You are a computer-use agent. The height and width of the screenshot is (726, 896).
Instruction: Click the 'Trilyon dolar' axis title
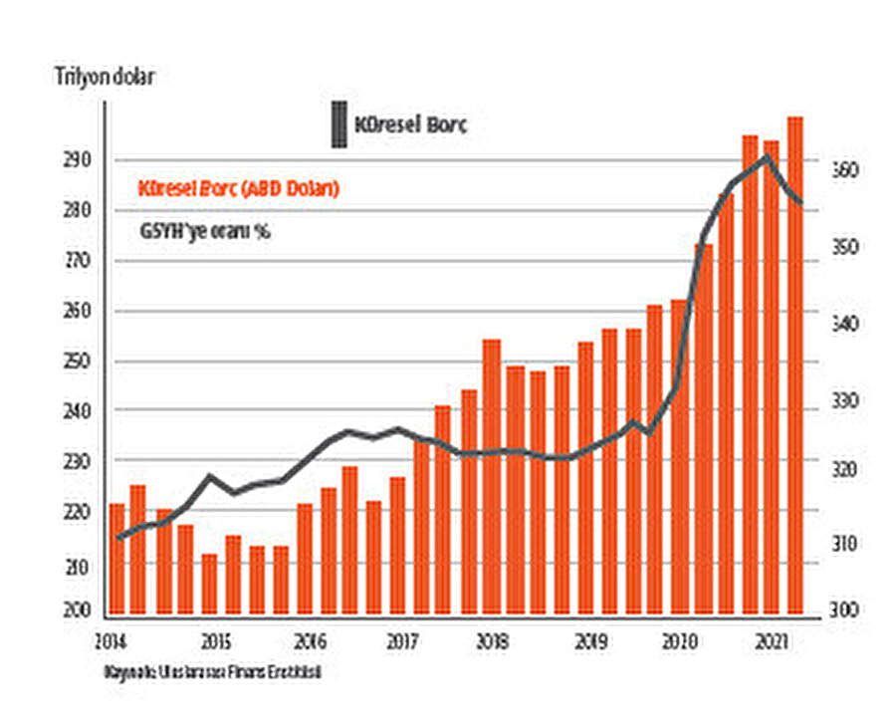click(x=106, y=78)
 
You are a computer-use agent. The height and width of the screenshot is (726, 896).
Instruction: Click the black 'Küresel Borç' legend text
click(x=411, y=125)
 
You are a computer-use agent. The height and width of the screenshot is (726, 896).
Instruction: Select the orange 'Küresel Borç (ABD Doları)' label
click(x=239, y=188)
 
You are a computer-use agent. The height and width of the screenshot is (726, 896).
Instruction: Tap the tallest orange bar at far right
click(x=795, y=368)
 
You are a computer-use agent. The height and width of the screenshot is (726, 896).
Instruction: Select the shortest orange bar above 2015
click(x=209, y=586)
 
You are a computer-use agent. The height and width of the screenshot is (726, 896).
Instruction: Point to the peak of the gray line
click(x=765, y=156)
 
